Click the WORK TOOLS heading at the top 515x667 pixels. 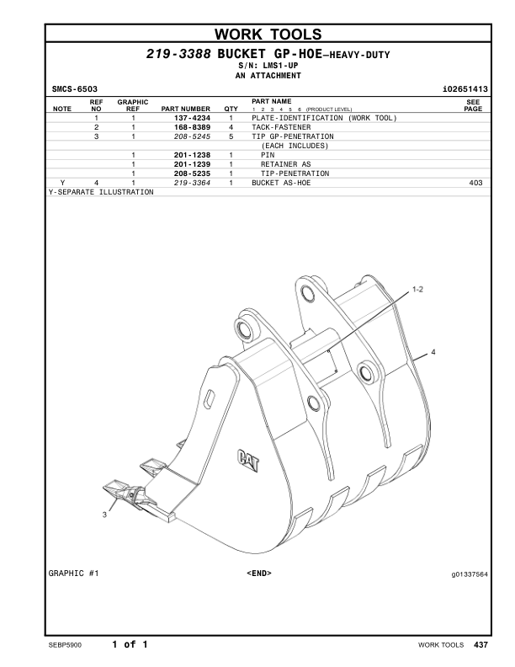point(257,35)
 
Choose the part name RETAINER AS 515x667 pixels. point(285,164)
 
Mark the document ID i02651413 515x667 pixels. point(465,88)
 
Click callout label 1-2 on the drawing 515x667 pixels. point(418,289)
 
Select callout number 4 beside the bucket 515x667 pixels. point(433,351)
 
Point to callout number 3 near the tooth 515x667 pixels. point(105,514)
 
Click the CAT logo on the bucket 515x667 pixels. point(249,458)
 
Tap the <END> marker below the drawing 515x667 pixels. point(258,574)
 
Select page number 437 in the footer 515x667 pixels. point(480,645)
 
